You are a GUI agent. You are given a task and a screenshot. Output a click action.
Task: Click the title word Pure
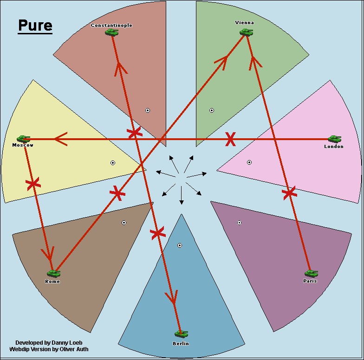pyautogui.click(x=35, y=26)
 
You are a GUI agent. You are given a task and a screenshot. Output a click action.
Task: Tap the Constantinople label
pyautogui.click(x=111, y=25)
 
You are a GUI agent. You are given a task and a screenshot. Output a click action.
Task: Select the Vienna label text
pyautogui.click(x=245, y=22)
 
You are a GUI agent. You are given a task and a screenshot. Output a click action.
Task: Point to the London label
pyautogui.click(x=333, y=147)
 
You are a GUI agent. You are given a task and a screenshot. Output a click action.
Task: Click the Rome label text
pyautogui.click(x=52, y=282)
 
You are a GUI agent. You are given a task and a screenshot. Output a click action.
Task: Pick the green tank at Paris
pyautogui.click(x=311, y=273)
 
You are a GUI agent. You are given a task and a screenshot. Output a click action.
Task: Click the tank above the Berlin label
pyautogui.click(x=181, y=334)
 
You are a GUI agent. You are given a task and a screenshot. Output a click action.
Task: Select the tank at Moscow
pyautogui.click(x=23, y=138)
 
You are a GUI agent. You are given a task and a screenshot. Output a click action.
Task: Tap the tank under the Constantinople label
pyautogui.click(x=111, y=32)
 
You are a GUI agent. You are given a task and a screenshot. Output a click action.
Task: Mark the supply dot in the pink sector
pyautogui.click(x=249, y=162)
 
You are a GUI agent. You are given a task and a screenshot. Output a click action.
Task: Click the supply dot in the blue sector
pyautogui.click(x=180, y=245)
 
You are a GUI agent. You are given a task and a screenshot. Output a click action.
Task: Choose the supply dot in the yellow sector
pyautogui.click(x=112, y=162)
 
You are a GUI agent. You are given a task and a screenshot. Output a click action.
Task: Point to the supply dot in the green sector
pyautogui.click(x=212, y=110)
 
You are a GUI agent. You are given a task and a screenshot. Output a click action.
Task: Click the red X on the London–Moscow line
pyautogui.click(x=230, y=139)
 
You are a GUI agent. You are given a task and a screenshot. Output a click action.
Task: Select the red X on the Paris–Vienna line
pyautogui.click(x=289, y=193)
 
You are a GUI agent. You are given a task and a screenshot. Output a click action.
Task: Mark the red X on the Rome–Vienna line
pyautogui.click(x=117, y=193)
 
